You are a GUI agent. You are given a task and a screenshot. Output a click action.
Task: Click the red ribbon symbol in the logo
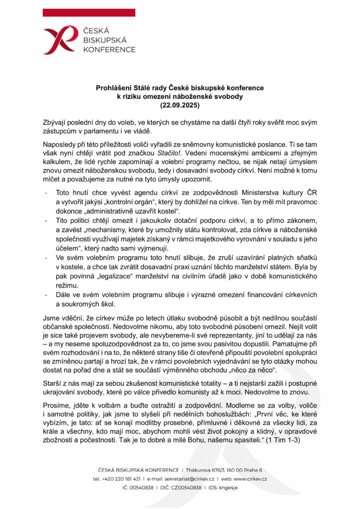click(63, 39)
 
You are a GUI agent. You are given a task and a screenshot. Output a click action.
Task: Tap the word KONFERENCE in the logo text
click(109, 50)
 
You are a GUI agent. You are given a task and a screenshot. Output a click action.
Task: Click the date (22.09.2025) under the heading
click(180, 105)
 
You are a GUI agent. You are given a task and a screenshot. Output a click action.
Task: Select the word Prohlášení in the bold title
click(113, 88)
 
